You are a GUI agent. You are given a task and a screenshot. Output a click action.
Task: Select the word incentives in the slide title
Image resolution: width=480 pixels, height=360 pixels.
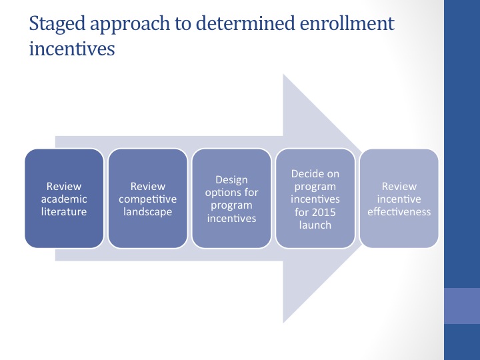(x=72, y=49)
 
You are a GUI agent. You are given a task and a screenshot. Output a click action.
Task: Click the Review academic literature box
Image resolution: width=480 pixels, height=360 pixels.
(x=64, y=198)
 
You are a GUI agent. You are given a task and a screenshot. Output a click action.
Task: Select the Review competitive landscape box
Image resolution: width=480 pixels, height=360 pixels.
(x=148, y=198)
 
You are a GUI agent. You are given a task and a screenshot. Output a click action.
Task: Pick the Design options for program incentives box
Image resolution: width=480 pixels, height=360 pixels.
(x=231, y=198)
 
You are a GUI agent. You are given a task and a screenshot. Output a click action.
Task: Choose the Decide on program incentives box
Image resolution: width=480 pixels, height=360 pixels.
(x=315, y=198)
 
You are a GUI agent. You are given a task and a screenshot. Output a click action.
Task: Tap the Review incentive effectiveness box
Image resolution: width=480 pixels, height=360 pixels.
(x=399, y=198)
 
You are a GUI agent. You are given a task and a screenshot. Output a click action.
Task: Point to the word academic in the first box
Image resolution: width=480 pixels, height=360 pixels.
(x=64, y=199)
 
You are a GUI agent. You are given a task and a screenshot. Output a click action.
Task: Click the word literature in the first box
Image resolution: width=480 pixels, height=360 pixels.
(x=64, y=212)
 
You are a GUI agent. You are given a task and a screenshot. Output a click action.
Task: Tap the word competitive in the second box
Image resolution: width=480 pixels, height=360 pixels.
(x=148, y=199)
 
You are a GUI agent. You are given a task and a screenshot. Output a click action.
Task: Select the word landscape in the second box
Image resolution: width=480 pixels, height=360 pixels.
(x=148, y=212)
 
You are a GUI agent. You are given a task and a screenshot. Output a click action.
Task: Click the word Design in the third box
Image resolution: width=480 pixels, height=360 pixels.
(x=231, y=180)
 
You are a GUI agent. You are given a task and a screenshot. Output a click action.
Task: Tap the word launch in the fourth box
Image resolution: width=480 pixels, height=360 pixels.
(x=315, y=224)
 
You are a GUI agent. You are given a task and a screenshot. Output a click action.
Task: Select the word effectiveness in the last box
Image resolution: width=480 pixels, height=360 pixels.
(x=399, y=212)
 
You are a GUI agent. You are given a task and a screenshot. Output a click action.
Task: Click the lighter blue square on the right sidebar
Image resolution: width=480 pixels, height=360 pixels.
(x=462, y=305)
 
